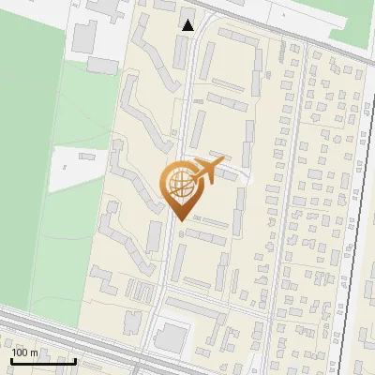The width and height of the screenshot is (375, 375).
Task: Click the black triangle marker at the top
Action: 187,25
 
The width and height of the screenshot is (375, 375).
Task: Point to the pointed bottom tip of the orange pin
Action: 180,220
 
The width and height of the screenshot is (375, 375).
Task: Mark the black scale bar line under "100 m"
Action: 42,360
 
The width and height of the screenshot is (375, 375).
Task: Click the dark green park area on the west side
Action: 28,122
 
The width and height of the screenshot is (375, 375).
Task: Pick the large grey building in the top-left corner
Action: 84,35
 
